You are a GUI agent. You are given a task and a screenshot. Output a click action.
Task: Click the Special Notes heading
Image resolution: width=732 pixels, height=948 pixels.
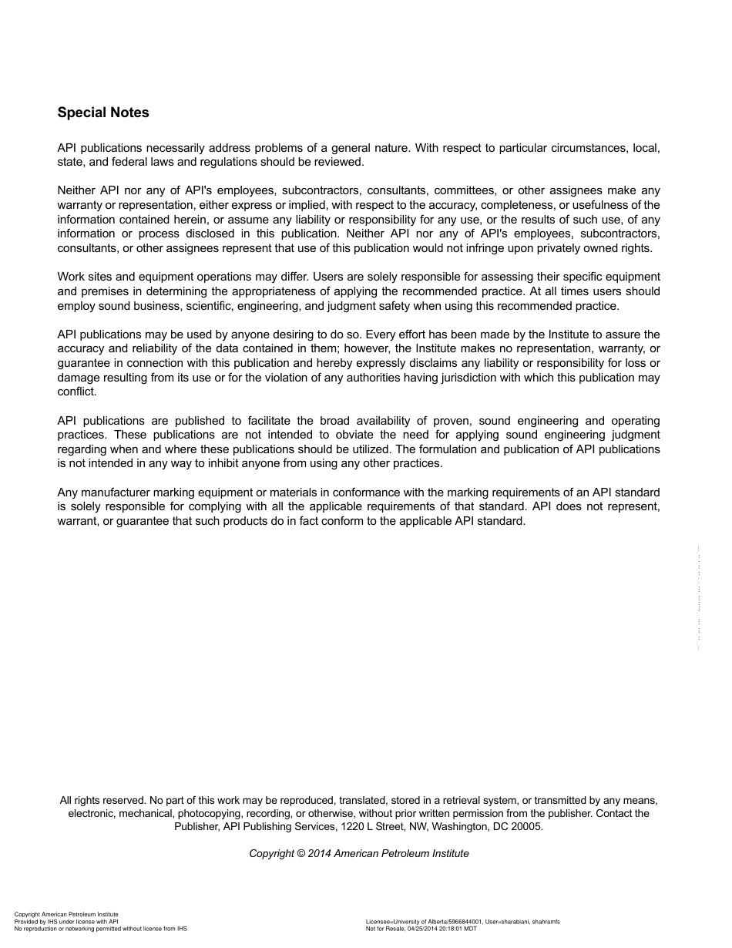(103, 113)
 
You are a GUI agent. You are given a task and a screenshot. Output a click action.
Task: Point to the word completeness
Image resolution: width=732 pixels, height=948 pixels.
(522, 205)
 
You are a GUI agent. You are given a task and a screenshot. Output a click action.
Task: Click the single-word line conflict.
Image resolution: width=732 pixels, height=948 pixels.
(76, 392)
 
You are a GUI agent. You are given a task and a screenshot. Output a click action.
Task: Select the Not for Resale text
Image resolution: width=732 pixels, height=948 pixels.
(384, 929)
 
